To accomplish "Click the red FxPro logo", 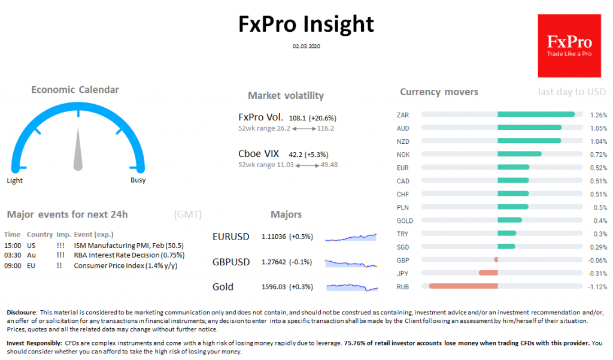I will tap(569, 46).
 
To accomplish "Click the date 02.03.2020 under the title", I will tap(306, 46).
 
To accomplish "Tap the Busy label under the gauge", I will tap(138, 180).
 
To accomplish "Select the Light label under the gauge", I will tap(14, 180).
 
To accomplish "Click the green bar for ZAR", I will tap(536, 114).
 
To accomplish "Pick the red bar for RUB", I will tap(463, 286).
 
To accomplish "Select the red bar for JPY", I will tap(488, 273).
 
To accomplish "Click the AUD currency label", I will tap(403, 128).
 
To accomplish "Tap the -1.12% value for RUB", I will tap(598, 286).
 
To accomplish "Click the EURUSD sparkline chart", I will tap(351, 237).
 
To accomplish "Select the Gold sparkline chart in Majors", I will tap(352, 287).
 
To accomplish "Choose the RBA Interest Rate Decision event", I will tap(129, 255).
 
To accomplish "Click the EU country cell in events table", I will tap(31, 265).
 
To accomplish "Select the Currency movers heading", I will tap(439, 92).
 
